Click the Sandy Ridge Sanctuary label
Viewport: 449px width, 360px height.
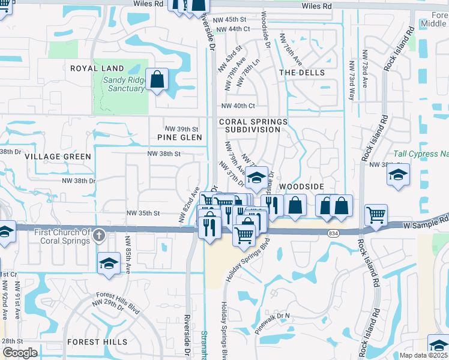(123, 84)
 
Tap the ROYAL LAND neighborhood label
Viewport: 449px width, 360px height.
(97, 69)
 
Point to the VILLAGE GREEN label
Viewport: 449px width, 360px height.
(58, 157)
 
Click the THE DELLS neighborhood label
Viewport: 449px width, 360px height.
(302, 73)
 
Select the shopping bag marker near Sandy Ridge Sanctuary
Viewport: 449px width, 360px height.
(157, 79)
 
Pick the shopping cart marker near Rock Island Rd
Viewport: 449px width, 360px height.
(376, 215)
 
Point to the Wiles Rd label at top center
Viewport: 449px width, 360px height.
(317, 6)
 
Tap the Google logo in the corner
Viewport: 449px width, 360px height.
(20, 353)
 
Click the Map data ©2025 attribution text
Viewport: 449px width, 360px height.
(423, 355)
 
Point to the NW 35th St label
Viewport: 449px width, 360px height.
(143, 213)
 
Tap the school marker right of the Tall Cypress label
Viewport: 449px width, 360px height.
(398, 175)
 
